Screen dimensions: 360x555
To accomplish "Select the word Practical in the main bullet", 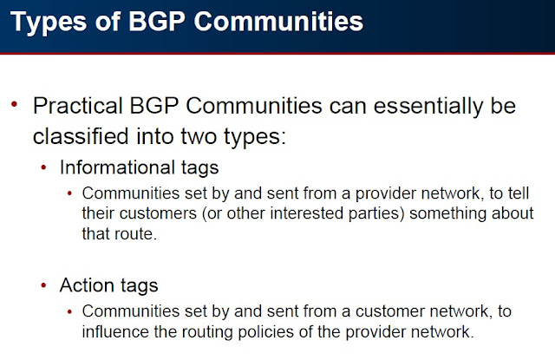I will (81, 107).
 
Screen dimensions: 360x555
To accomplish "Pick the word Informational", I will (114, 167).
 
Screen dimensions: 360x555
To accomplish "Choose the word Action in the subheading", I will (84, 285).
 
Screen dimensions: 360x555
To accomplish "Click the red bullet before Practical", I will (13, 106).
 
